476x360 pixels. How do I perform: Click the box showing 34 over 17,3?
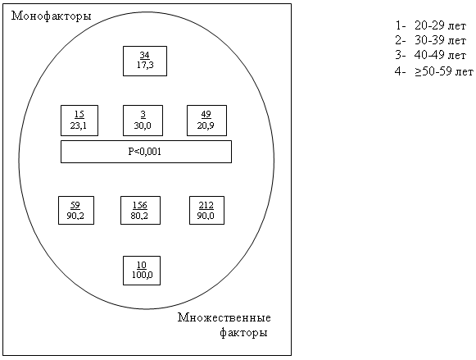pyautogui.click(x=145, y=61)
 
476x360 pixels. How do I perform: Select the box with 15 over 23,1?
pyautogui.click(x=79, y=121)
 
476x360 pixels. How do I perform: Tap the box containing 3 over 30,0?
pyautogui.click(x=143, y=121)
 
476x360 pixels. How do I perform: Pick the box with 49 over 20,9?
pyautogui.click(x=206, y=121)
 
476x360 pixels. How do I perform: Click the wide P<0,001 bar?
pyautogui.click(x=146, y=152)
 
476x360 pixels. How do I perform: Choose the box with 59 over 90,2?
pyautogui.click(x=76, y=210)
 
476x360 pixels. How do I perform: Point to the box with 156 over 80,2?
pyautogui.click(x=141, y=210)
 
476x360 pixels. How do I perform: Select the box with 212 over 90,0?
pyautogui.click(x=206, y=210)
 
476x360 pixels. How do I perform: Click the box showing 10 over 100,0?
pyautogui.click(x=142, y=271)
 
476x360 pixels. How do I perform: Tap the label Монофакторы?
pyautogui.click(x=52, y=16)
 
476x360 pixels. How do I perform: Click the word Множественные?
pyautogui.click(x=224, y=318)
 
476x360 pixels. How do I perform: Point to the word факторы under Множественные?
pyautogui.click(x=243, y=333)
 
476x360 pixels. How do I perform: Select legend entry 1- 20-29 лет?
pyautogui.click(x=430, y=25)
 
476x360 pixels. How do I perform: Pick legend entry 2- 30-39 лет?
pyautogui.click(x=430, y=40)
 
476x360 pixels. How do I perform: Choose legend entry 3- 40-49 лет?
pyautogui.click(x=430, y=55)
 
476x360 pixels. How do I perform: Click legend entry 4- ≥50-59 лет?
pyautogui.click(x=433, y=71)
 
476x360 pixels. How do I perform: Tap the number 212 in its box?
pyautogui.click(x=206, y=205)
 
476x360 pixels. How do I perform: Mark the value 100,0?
pyautogui.click(x=142, y=275)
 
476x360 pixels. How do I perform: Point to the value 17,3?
pyautogui.click(x=145, y=65)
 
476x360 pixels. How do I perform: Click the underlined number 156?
pyautogui.click(x=140, y=205)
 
